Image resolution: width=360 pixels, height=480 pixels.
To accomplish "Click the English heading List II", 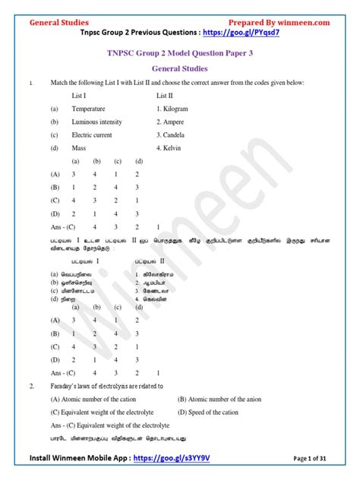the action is pos(166,96).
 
